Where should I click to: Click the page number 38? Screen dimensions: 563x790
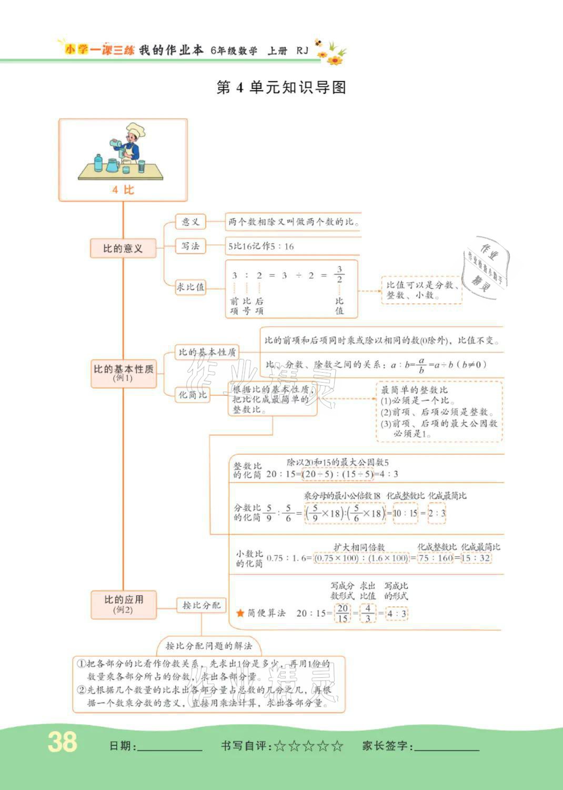point(62,742)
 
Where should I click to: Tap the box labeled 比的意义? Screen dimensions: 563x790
point(123,248)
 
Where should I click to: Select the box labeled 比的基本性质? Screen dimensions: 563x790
point(124,373)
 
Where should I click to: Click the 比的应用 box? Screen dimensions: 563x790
point(124,604)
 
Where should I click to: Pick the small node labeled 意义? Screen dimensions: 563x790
point(190,222)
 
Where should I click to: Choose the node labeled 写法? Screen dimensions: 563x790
point(190,246)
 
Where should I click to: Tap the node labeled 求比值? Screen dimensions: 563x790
point(190,287)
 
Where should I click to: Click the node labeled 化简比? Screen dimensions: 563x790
point(193,395)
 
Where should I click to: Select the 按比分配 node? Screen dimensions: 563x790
point(201,605)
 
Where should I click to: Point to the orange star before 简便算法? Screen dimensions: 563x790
point(240,613)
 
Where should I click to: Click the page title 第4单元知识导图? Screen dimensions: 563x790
point(281,87)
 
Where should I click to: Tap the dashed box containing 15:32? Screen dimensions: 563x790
point(476,558)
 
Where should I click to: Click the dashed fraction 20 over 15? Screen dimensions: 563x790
point(343,613)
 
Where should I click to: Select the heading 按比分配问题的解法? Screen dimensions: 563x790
point(209,646)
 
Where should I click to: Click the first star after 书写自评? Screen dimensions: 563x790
point(280,746)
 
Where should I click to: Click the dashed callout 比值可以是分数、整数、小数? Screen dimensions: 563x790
point(421,290)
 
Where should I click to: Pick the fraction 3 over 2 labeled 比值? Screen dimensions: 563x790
point(339,274)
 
